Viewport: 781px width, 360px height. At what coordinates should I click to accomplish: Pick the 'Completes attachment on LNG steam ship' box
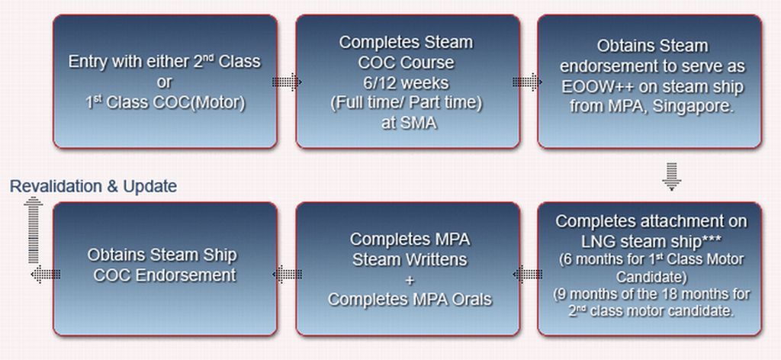(x=649, y=269)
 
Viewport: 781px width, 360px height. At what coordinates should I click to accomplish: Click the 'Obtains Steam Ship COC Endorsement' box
(x=164, y=269)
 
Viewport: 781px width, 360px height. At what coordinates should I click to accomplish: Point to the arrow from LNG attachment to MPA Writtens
(x=528, y=272)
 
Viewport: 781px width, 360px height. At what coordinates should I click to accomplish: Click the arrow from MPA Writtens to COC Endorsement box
(x=287, y=272)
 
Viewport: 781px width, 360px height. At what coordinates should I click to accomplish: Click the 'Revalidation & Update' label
(x=93, y=186)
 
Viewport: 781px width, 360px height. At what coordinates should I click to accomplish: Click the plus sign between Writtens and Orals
(x=410, y=279)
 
